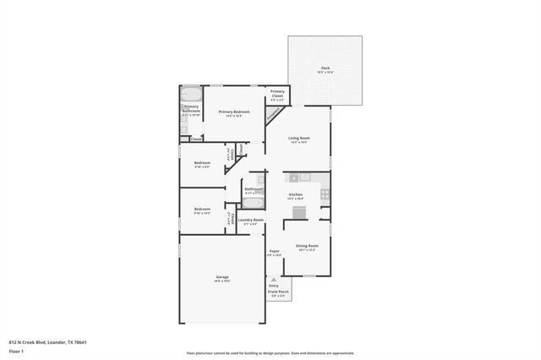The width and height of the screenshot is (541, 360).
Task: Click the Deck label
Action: pos(325,68)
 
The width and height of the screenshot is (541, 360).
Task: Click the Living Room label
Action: pos(299,138)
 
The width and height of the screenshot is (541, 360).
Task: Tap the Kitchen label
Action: pos(296,194)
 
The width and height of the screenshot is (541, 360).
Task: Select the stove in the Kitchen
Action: pos(325,194)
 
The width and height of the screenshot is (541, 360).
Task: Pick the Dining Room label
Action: pos(305,245)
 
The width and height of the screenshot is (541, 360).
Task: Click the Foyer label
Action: pos(274,251)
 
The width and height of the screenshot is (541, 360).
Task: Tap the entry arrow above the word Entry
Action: pos(273,278)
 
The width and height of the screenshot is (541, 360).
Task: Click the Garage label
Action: pos(222,276)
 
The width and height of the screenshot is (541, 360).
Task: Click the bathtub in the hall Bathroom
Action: pos(254,203)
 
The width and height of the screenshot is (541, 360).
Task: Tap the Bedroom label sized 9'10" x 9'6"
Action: pos(202,162)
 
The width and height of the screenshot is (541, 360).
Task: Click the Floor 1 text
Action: pos(16,352)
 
